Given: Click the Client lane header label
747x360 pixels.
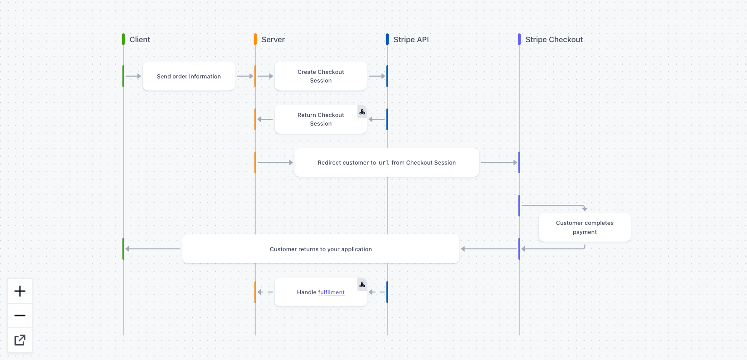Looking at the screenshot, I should (x=140, y=39).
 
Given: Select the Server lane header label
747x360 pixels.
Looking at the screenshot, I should (x=273, y=39).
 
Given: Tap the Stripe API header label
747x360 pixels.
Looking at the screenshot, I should (x=411, y=39).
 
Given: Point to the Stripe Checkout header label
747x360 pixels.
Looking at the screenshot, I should (x=554, y=39).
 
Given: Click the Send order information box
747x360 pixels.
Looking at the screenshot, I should (x=189, y=76).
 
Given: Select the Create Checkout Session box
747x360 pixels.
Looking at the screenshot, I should (x=321, y=76).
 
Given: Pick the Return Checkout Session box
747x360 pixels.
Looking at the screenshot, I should (x=321, y=119).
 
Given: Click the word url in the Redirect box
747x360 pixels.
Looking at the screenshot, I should (x=384, y=163).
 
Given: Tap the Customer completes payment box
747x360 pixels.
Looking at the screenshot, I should (x=585, y=227).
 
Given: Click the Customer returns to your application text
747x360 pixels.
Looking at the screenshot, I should (x=321, y=249).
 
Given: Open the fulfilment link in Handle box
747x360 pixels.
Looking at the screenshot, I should (x=331, y=292).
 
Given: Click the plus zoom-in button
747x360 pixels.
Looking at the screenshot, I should (x=20, y=291).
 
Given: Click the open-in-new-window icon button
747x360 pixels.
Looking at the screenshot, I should (x=20, y=340).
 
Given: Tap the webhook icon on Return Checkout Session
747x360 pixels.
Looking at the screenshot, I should (x=362, y=112).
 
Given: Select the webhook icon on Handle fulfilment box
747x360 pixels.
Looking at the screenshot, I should (x=362, y=285).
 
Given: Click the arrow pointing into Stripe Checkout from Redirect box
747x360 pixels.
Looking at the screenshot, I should (x=499, y=162).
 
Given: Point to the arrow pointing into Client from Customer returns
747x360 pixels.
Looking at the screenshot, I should (x=152, y=248).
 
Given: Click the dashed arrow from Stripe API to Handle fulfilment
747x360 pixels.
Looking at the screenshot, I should (x=376, y=292).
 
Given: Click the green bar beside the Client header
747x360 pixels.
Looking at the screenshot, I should (x=123, y=39).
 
